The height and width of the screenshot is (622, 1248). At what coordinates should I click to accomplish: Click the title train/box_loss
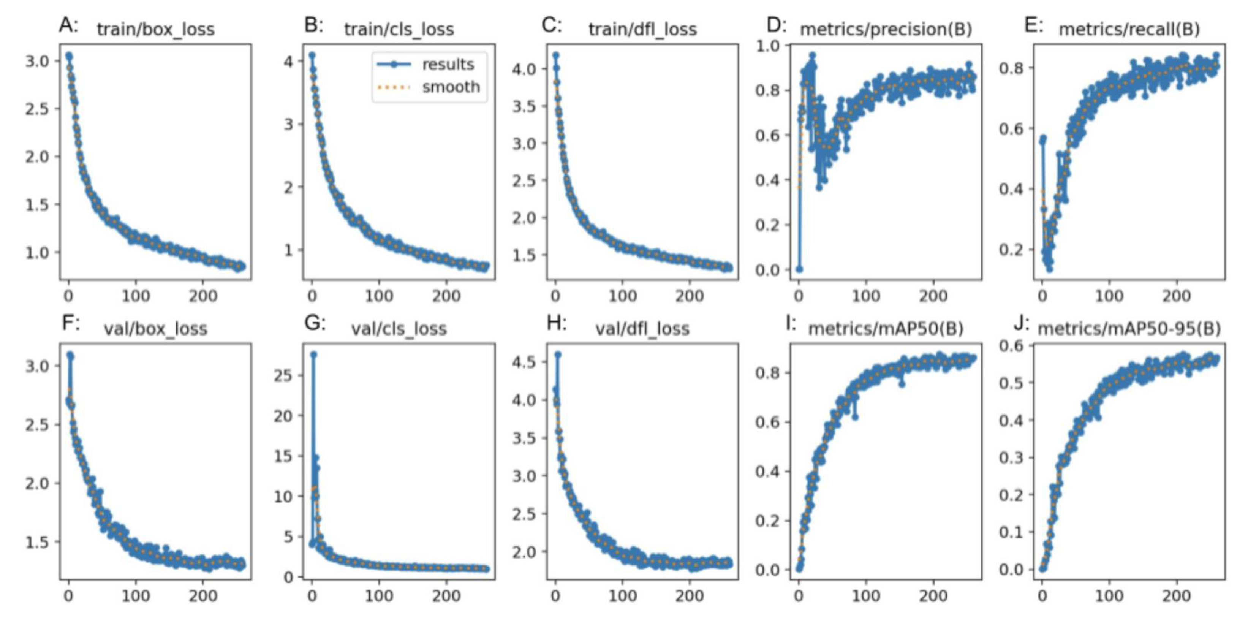(x=155, y=30)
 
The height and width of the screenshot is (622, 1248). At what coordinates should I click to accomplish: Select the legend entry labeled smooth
(x=451, y=87)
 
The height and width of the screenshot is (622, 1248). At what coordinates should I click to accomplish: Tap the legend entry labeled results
(x=448, y=65)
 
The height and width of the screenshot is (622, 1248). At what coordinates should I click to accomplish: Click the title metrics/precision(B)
(x=886, y=30)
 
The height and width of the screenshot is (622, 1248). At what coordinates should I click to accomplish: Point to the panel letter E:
(x=1033, y=25)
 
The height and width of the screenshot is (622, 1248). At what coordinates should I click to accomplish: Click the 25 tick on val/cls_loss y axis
(x=284, y=375)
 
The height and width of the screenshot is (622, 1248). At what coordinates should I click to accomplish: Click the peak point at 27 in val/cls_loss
(x=314, y=355)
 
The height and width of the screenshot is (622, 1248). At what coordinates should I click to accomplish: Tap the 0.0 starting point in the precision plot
(x=799, y=269)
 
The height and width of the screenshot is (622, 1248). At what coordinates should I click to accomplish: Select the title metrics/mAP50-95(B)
(x=1129, y=329)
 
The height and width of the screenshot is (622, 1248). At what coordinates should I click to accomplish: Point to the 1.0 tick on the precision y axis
(x=767, y=46)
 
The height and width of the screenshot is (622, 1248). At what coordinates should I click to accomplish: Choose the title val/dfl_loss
(x=642, y=329)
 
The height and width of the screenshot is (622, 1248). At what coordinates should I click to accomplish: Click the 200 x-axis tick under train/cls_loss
(x=446, y=296)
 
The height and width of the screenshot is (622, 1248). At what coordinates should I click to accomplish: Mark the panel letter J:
(x=1021, y=324)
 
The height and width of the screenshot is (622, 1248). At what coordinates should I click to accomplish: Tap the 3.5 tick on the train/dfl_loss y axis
(x=524, y=106)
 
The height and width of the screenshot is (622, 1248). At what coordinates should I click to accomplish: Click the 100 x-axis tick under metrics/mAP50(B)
(x=866, y=595)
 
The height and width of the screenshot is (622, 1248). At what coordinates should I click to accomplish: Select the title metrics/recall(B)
(x=1129, y=30)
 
